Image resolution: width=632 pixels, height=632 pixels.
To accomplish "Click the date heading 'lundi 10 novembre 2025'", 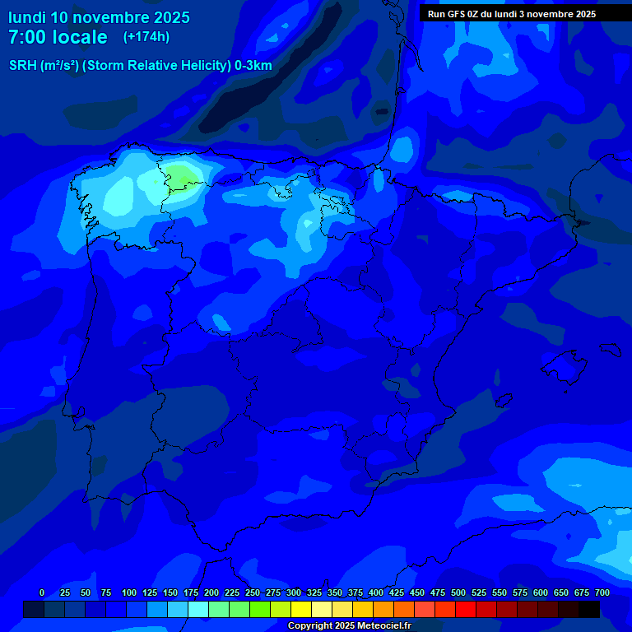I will point(99,16).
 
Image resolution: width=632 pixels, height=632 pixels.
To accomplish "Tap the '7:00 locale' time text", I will point(58,37).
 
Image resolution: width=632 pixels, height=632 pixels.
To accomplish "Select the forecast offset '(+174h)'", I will point(146,37).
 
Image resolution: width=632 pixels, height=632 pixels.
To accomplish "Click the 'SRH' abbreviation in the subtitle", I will point(22,66).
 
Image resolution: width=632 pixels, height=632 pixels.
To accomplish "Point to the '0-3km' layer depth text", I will point(253,66).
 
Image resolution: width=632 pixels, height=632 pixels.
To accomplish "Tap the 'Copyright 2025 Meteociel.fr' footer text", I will point(349,625).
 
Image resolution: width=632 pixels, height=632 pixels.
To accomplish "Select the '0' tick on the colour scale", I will point(42,592).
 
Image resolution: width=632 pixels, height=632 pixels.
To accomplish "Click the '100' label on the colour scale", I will point(129,592).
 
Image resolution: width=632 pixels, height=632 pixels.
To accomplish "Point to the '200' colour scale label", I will point(211,592).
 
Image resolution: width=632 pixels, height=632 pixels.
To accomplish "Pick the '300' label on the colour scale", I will point(294,592).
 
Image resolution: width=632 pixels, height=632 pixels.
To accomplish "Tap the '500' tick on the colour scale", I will point(458,592).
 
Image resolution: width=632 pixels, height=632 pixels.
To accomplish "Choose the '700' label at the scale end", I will point(602,592).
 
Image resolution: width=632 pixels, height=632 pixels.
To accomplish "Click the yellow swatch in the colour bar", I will point(301,609).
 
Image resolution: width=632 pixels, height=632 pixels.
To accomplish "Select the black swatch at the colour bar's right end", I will point(589,609).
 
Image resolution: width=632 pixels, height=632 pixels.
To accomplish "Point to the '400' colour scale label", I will point(376,592).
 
